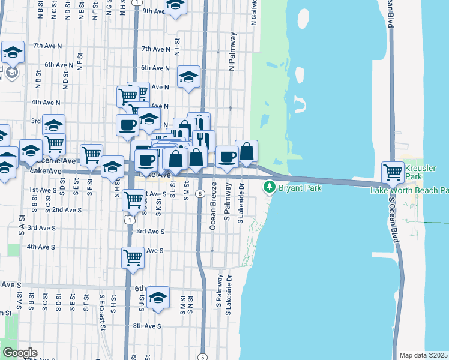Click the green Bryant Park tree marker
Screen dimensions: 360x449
(x=270, y=188)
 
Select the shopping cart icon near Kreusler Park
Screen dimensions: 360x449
(x=393, y=172)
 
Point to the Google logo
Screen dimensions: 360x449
(x=20, y=353)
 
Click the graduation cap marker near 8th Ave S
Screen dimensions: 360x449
(x=158, y=298)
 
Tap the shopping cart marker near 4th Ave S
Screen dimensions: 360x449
(x=133, y=258)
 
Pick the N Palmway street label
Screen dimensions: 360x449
(x=231, y=60)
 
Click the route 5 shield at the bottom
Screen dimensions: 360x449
(x=203, y=357)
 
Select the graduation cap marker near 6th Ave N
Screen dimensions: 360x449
(x=188, y=77)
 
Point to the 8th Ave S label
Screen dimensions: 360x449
(x=147, y=326)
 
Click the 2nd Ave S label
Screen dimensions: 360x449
(x=67, y=210)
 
